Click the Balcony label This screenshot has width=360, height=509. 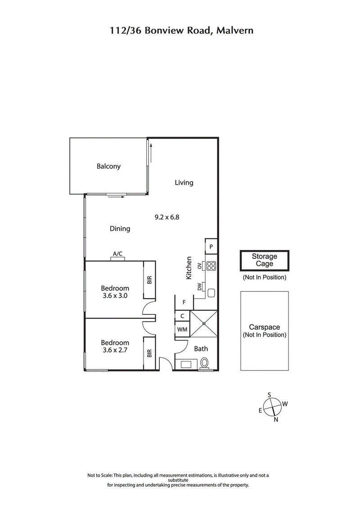108,166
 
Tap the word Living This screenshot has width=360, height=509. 184,183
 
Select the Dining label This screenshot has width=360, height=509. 120,228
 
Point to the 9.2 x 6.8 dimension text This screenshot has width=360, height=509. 167,217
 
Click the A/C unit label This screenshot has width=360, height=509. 118,254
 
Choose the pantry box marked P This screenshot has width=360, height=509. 211,247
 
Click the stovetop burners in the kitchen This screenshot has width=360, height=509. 211,266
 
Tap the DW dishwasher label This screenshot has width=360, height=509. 199,287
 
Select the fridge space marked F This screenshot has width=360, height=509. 184,302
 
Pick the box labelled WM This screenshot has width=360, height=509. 182,330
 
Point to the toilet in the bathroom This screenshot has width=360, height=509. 205,363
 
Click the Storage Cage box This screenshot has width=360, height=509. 264,260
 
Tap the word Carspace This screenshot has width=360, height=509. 264,328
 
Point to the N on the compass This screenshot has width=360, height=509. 276,420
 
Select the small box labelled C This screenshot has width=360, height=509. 182,316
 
